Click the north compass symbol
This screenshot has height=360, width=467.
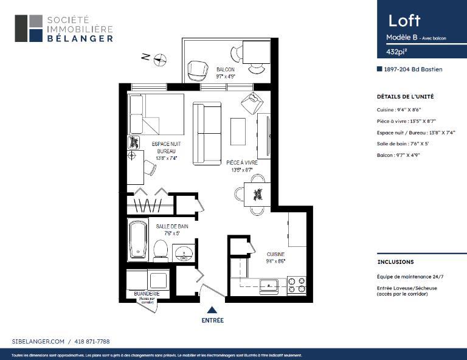click(x=160, y=59)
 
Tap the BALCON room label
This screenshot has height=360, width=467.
click(x=225, y=69)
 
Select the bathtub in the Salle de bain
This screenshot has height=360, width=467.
click(x=137, y=239)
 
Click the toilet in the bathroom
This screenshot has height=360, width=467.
click(x=161, y=249)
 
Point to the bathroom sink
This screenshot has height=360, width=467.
click(x=182, y=252)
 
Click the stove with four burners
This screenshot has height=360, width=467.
click(x=296, y=285)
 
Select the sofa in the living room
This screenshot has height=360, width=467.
click(x=206, y=133)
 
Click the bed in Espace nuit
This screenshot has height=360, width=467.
click(x=156, y=115)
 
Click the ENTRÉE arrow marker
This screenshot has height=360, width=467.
click(x=212, y=310)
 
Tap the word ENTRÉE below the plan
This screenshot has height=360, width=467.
click(x=212, y=320)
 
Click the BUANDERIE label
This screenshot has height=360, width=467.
click(x=147, y=294)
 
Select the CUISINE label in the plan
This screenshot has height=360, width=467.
click(x=276, y=254)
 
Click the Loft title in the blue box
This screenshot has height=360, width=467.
click(x=404, y=20)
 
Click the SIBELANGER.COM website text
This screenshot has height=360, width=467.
click(x=38, y=342)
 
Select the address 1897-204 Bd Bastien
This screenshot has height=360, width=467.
click(x=413, y=69)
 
